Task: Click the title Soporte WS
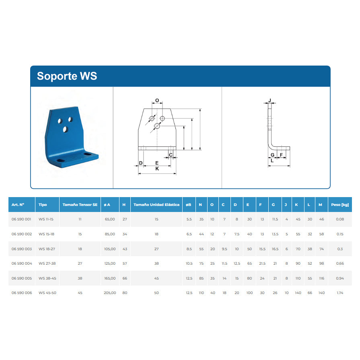point(67,76)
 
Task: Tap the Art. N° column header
point(18,205)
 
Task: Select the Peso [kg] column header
point(340,205)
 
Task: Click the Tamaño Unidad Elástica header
point(156,205)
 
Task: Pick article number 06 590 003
point(22,249)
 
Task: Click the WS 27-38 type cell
point(47,263)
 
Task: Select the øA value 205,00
point(110,293)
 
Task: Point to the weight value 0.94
point(340,278)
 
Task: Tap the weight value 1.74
point(340,293)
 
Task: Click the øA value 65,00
point(110,219)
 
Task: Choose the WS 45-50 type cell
point(47,293)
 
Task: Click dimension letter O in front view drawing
point(157,100)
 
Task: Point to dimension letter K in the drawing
point(157,169)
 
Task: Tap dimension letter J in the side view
point(270,100)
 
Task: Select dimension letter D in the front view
point(141,163)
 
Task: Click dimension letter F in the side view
point(281,155)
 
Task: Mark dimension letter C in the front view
point(171,155)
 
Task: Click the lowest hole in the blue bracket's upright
point(66,130)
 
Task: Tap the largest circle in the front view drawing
point(157,126)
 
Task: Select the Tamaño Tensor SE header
point(80,205)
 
